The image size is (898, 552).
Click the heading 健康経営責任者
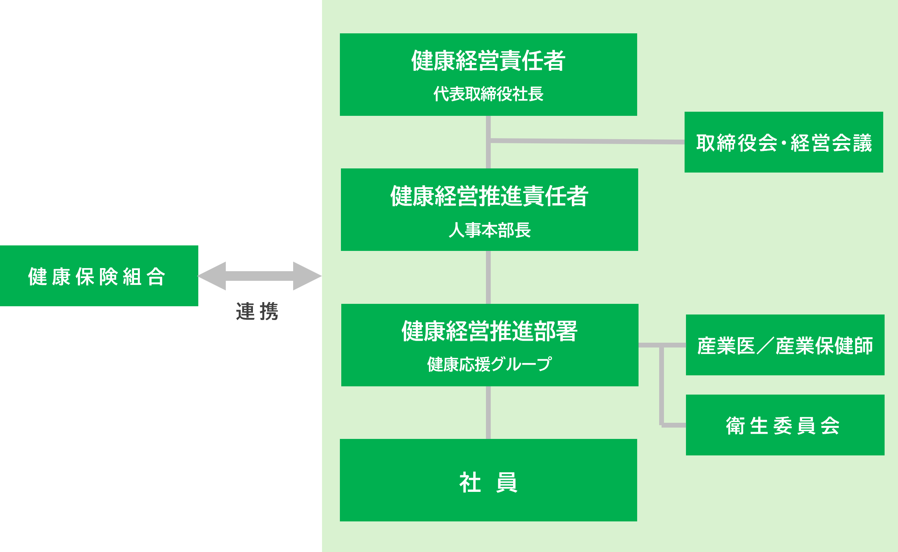tap(488, 60)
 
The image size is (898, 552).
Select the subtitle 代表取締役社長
tap(488, 94)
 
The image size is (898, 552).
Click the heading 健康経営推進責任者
tap(489, 196)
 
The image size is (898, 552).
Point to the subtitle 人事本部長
tap(489, 230)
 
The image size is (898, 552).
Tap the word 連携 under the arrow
tap(257, 311)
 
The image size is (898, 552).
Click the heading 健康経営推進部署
tap(489, 331)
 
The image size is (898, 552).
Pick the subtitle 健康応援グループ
tap(489, 364)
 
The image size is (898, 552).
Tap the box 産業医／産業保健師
tap(785, 345)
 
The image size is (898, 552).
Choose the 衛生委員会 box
tap(785, 425)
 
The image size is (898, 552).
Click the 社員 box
tap(488, 480)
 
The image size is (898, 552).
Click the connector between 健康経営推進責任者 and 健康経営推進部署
tap(488, 277)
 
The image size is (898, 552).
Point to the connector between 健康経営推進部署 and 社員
tap(488, 412)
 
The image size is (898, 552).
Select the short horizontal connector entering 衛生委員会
tap(674, 425)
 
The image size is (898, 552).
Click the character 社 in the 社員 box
tap(470, 482)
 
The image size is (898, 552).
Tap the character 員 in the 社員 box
tap(507, 482)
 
